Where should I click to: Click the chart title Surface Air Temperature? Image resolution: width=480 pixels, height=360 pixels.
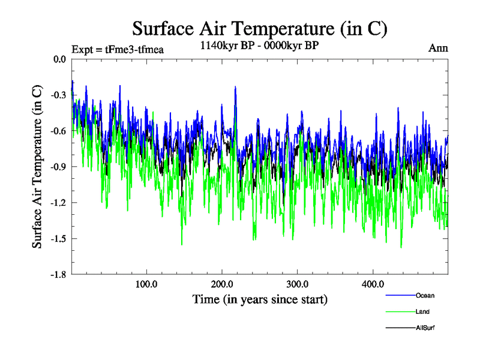(259, 28)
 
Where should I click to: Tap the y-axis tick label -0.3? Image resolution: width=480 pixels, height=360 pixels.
(59, 95)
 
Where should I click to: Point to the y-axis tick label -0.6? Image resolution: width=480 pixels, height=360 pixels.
(59, 131)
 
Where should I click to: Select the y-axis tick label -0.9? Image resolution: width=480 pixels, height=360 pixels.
(59, 167)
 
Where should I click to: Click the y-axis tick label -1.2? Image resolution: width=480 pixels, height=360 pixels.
(59, 203)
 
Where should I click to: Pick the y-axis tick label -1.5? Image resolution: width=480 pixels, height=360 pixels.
(59, 239)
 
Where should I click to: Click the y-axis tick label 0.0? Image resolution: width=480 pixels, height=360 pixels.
(60, 59)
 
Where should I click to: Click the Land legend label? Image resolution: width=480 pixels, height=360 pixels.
(422, 311)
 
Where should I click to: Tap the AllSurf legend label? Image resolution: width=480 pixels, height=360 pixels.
(425, 328)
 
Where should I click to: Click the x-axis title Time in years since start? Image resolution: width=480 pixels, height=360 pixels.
(260, 299)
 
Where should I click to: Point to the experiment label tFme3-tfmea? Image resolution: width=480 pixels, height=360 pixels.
(118, 49)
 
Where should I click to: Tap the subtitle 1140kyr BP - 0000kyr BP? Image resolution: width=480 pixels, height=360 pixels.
(259, 45)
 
